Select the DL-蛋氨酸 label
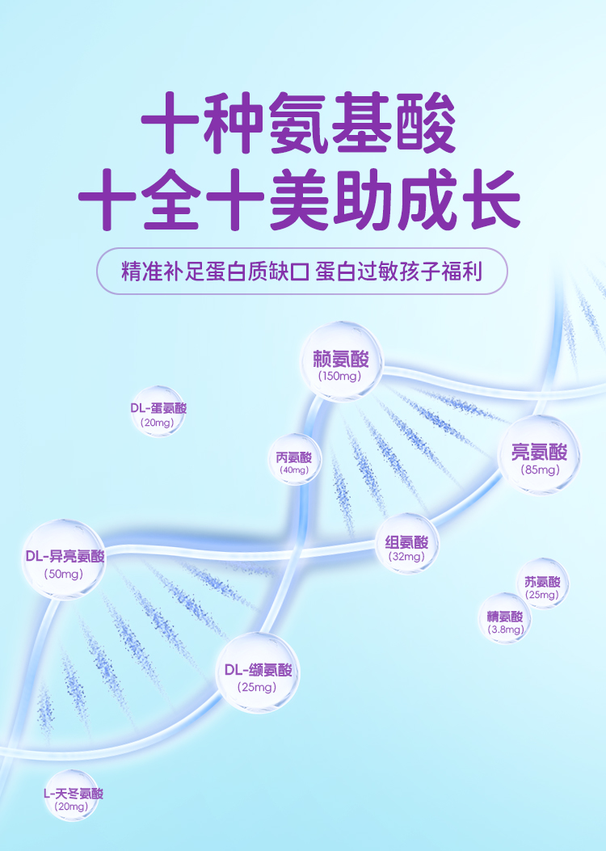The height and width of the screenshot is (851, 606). click(x=158, y=408)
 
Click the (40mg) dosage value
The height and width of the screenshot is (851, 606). click(x=294, y=470)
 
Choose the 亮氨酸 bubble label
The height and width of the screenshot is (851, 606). click(x=540, y=452)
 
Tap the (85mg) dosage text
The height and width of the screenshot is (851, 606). click(x=540, y=470)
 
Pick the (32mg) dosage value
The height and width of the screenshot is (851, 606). click(x=406, y=556)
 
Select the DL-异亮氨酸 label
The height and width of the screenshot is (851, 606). click(x=65, y=556)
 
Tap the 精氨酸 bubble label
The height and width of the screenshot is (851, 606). click(x=505, y=617)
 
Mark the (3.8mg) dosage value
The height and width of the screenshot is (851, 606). click(x=505, y=629)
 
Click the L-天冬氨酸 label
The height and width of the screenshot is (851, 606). click(x=74, y=794)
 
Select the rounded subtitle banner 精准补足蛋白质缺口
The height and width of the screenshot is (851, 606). click(x=301, y=271)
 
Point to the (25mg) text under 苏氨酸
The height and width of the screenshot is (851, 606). click(x=542, y=596)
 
